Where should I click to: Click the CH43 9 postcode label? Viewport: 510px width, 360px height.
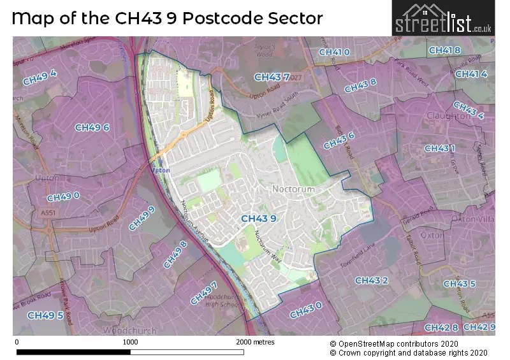[x=258, y=219]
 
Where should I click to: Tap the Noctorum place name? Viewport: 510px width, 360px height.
[x=293, y=189]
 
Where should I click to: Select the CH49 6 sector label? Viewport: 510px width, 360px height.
[x=92, y=127]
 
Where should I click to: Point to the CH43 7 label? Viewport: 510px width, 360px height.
[x=272, y=77]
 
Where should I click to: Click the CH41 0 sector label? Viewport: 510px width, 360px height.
[x=334, y=52]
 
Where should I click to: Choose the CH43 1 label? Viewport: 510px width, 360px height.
[x=440, y=148]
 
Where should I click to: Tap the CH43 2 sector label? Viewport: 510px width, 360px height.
[x=372, y=280]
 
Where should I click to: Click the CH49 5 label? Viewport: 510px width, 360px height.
[x=45, y=315]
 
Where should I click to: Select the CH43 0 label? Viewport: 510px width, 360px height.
[x=305, y=311]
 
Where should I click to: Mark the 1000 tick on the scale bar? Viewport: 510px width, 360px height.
[x=130, y=342]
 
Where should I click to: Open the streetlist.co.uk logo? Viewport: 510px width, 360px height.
[x=442, y=18]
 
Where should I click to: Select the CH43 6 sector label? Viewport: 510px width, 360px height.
[x=339, y=140]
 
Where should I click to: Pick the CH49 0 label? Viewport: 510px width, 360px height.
[x=62, y=197]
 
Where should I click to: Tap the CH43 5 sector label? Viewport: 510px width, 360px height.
[x=459, y=284]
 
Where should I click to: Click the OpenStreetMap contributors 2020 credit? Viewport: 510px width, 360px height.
[x=409, y=343]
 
